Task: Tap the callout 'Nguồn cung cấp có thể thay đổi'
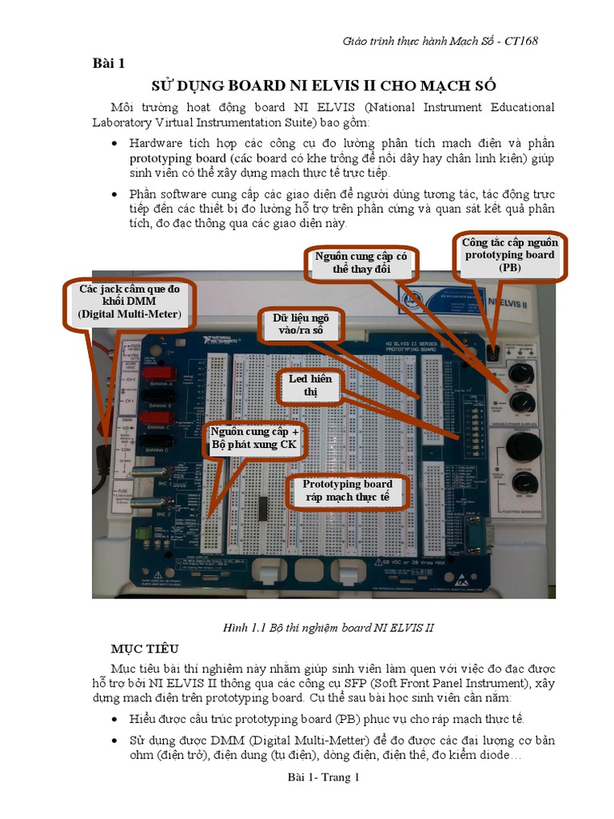[x=361, y=264]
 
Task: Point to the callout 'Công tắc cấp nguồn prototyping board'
[x=509, y=255]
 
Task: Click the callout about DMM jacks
[x=130, y=302]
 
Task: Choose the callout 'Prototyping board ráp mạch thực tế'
[x=347, y=490]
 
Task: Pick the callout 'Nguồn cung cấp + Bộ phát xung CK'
[x=253, y=438]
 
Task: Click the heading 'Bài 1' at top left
[x=108, y=65]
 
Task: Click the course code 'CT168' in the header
[x=520, y=41]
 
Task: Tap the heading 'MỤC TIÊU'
[x=145, y=647]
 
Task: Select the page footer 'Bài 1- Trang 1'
[x=324, y=777]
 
